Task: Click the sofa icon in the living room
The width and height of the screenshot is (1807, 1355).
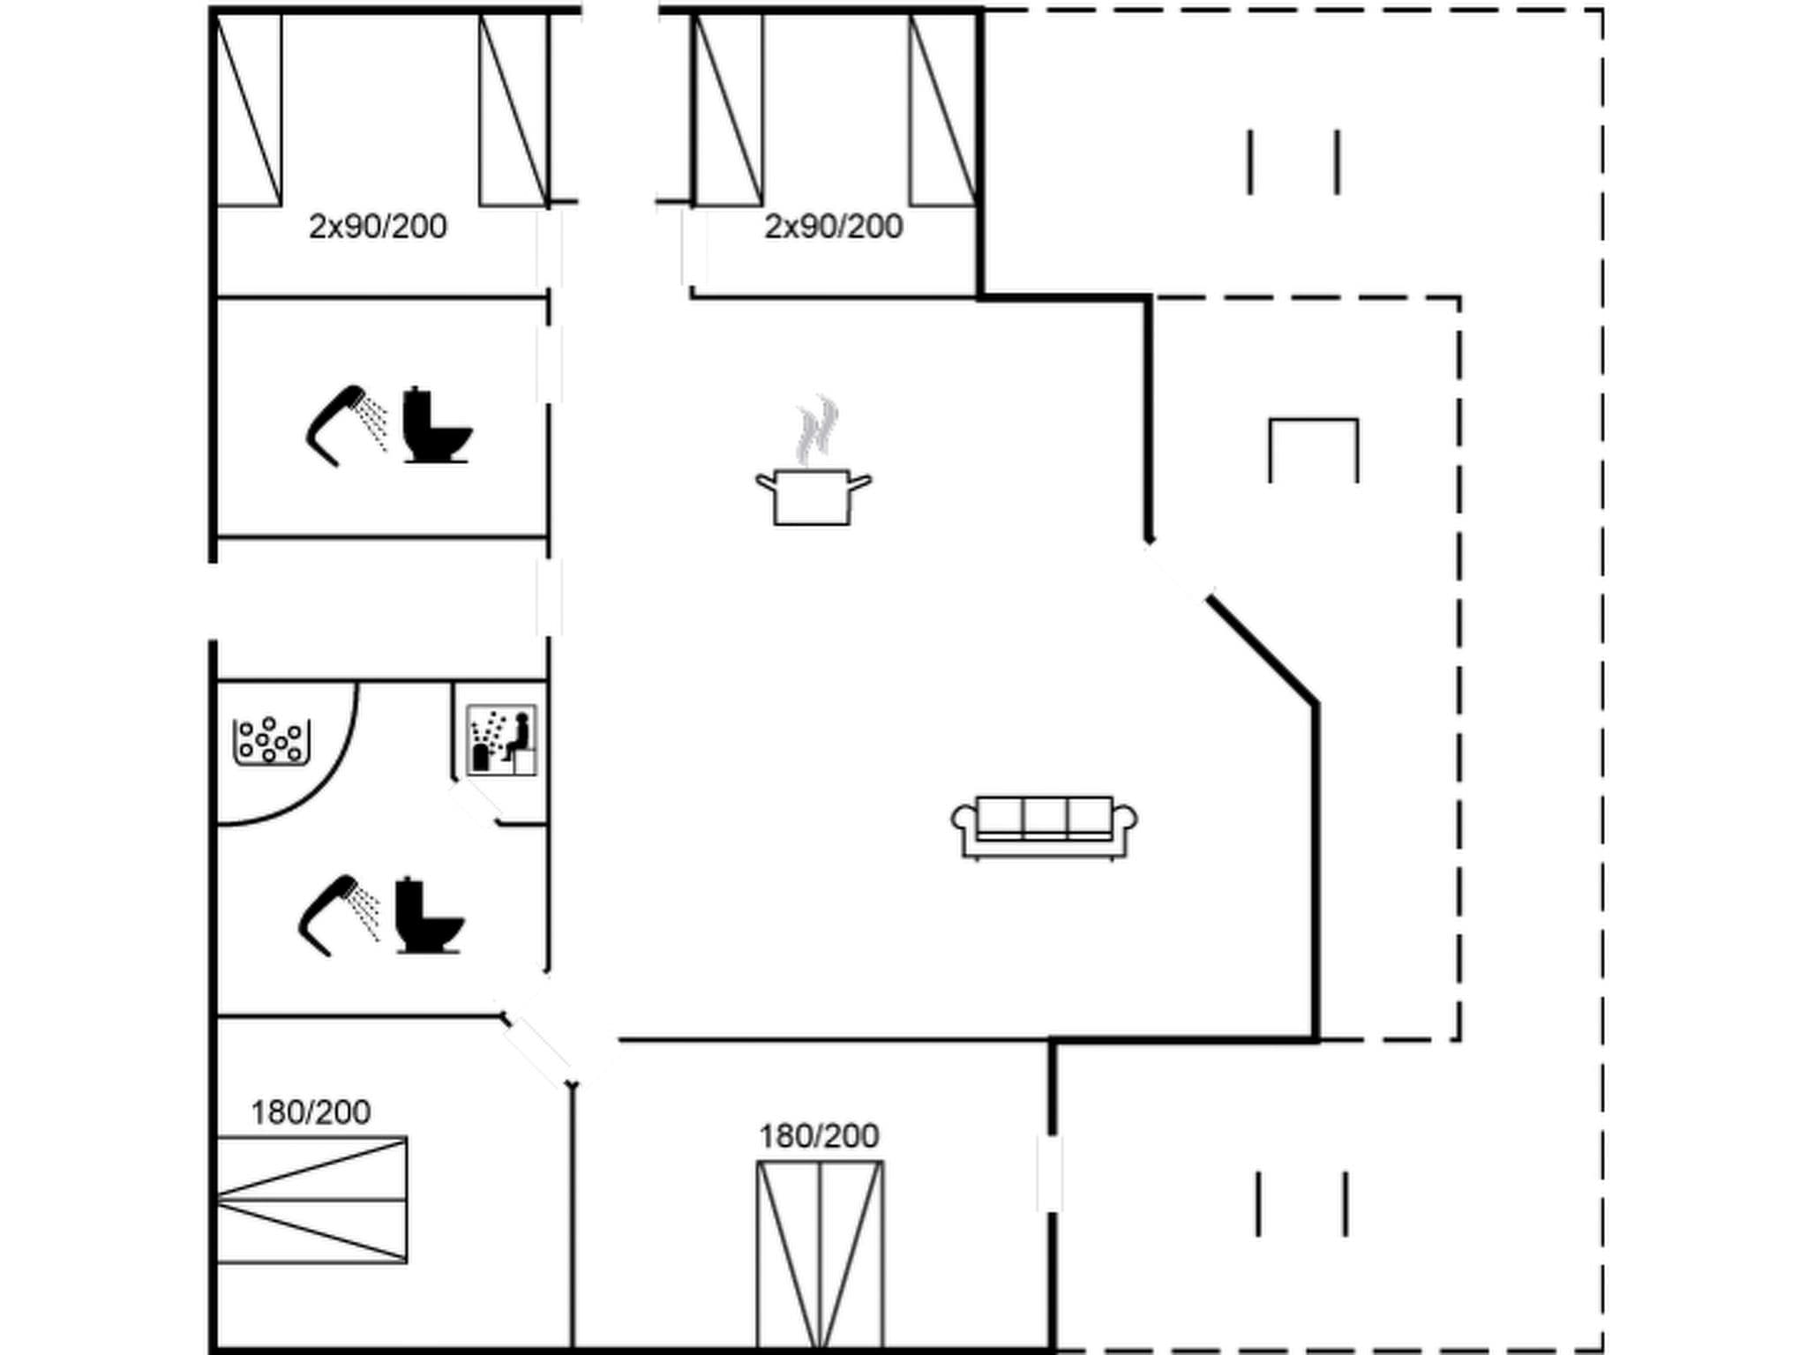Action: [1044, 827]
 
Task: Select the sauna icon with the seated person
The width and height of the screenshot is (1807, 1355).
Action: [501, 740]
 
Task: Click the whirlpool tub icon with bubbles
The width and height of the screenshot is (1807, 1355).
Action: [271, 742]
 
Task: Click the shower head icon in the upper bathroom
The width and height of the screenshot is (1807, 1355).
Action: [344, 424]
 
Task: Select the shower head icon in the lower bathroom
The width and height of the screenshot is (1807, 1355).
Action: [337, 915]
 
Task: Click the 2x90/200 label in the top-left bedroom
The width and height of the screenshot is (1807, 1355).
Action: [378, 227]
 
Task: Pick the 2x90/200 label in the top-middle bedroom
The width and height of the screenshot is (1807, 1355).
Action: [833, 227]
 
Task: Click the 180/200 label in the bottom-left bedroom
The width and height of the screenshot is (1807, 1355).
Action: [311, 1112]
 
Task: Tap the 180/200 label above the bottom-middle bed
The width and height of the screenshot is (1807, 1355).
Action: [819, 1136]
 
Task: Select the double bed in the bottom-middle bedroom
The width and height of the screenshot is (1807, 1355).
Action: [820, 1253]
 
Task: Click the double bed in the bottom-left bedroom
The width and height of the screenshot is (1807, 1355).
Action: [311, 1200]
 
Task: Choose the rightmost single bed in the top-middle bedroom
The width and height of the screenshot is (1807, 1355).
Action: [943, 110]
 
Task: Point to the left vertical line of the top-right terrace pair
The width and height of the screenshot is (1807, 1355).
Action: [1249, 162]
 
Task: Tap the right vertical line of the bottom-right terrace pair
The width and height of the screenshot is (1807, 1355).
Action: [1346, 1203]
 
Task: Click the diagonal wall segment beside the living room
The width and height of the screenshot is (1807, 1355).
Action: [1263, 650]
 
